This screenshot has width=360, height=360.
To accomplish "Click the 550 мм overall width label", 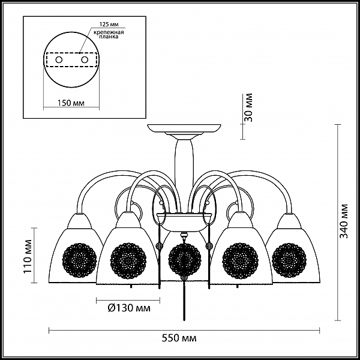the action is pyautogui.click(x=179, y=338).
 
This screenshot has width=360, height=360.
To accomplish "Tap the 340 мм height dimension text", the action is pyautogui.click(x=344, y=221).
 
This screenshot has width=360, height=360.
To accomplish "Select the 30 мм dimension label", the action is pyautogui.click(x=248, y=107).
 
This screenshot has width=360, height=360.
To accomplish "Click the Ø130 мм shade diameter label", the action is pyautogui.click(x=129, y=308).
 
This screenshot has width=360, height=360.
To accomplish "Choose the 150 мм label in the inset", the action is pyautogui.click(x=71, y=103).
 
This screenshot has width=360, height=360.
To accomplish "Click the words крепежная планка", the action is pyautogui.click(x=109, y=34).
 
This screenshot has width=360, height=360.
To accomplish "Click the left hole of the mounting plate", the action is pyautogui.click(x=59, y=60).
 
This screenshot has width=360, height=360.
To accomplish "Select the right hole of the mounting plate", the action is pyautogui.click(x=85, y=60).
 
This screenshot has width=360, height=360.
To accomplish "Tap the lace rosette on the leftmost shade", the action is pyautogui.click(x=79, y=260).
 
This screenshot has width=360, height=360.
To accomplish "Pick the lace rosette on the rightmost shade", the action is pyautogui.click(x=289, y=260).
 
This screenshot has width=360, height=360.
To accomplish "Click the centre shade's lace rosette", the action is pyautogui.click(x=185, y=260).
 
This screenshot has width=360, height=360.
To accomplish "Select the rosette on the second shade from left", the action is pyautogui.click(x=128, y=260).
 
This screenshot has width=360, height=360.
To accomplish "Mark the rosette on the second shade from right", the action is pyautogui.click(x=241, y=260).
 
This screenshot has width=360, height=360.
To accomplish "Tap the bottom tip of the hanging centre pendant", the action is pyautogui.click(x=184, y=320).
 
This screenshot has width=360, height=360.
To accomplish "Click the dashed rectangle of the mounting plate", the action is pyautogui.click(x=71, y=53).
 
